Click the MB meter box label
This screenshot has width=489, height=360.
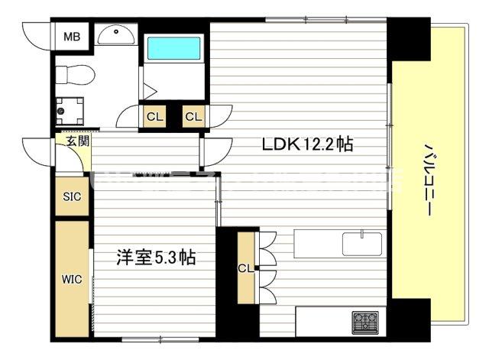pyautogui.click(x=72, y=36)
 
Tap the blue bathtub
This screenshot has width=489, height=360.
pyautogui.click(x=173, y=48)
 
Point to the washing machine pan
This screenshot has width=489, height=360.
pyautogui.click(x=72, y=109)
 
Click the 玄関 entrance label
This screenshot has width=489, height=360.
pyautogui.click(x=76, y=141)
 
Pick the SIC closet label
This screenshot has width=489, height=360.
pyautogui.click(x=72, y=196)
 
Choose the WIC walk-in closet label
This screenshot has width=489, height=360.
pyautogui.click(x=72, y=279)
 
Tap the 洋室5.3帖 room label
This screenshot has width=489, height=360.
pyautogui.click(x=156, y=258)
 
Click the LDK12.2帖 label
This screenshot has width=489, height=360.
pyautogui.click(x=307, y=144)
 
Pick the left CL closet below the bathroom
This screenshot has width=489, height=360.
pyautogui.click(x=154, y=117)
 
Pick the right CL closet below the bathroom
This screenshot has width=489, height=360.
pyautogui.click(x=193, y=117)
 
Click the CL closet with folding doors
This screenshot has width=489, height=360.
pyautogui.click(x=246, y=268)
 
